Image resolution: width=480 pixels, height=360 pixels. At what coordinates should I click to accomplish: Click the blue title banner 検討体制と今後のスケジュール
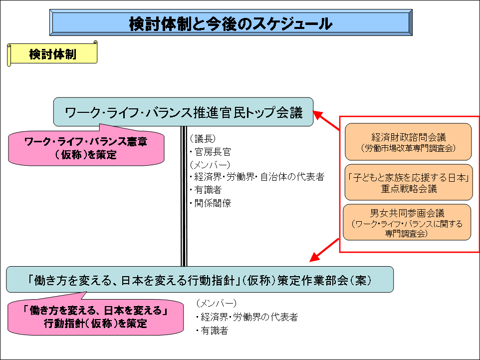click(x=231, y=23)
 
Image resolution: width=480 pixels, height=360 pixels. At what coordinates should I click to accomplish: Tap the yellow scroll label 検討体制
click(x=52, y=54)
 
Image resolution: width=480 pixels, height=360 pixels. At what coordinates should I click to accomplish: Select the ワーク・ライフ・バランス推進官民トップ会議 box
click(x=184, y=112)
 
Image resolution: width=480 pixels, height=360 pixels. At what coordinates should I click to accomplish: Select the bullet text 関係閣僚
click(x=213, y=203)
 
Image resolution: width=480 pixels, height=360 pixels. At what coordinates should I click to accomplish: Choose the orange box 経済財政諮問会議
click(x=408, y=142)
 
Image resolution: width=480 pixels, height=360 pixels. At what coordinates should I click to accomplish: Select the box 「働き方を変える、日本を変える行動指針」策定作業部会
click(x=200, y=280)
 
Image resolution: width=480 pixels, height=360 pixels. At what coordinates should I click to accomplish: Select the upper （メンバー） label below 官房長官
click(x=210, y=165)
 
